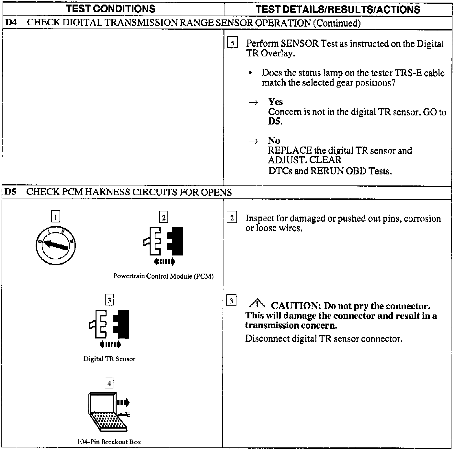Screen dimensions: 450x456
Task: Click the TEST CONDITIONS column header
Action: (110, 9)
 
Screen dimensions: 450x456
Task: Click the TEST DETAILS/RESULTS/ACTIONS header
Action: (338, 9)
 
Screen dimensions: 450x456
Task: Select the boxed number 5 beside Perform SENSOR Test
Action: (232, 43)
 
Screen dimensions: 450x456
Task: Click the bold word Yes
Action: (275, 102)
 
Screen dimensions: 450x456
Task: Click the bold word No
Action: (274, 140)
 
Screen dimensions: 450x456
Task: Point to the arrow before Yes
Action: (253, 102)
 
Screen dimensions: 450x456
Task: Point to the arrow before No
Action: (253, 141)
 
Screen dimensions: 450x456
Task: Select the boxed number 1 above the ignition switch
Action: (56, 216)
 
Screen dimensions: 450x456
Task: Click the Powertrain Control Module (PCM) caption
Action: (163, 276)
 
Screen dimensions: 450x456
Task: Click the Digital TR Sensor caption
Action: (109, 359)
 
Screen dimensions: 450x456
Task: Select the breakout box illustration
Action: (108, 412)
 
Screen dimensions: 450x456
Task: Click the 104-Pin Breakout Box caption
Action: (109, 442)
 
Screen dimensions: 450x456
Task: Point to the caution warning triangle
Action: (257, 304)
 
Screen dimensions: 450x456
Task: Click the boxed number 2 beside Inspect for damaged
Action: (232, 218)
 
